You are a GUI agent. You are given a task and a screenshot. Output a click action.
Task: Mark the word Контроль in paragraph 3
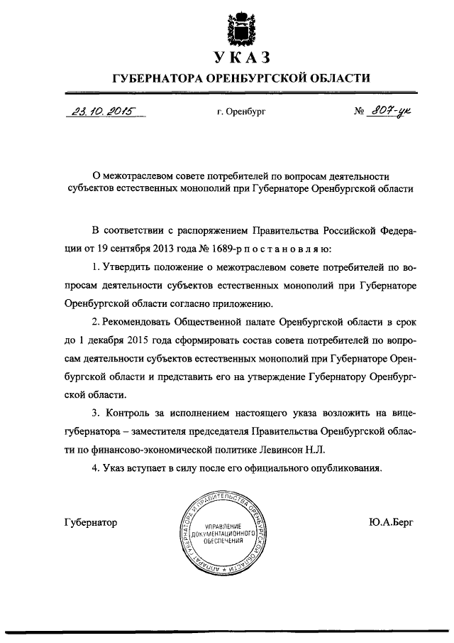[131, 414]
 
